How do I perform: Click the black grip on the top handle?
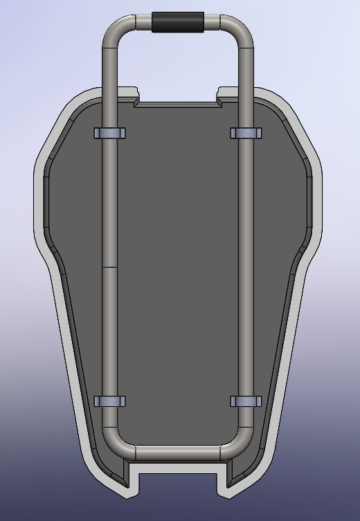(x=178, y=22)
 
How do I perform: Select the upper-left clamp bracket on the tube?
(x=109, y=132)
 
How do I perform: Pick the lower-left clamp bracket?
(x=109, y=401)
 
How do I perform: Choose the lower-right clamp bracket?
(x=245, y=401)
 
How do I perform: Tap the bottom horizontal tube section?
(x=178, y=453)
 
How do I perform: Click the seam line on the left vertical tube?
(x=109, y=267)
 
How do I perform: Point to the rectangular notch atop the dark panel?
(x=178, y=103)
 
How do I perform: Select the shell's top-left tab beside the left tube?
(x=129, y=92)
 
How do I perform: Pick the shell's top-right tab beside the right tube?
(x=226, y=92)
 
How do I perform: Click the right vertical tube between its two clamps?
(x=245, y=270)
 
